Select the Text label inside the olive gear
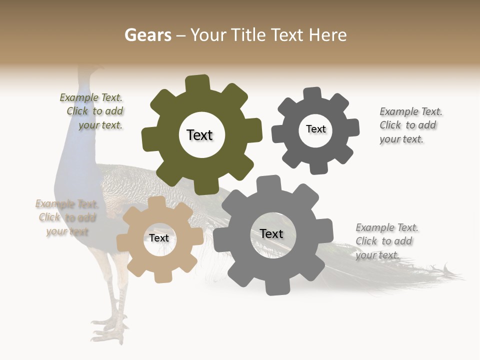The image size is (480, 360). (199, 135)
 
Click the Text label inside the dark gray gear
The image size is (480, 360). (315, 129)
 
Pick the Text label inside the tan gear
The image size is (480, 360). (159, 238)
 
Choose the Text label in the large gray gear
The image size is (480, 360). (271, 233)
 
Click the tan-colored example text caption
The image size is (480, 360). (66, 217)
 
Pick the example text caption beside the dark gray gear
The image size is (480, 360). (410, 125)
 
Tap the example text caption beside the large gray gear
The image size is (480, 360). (386, 241)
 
